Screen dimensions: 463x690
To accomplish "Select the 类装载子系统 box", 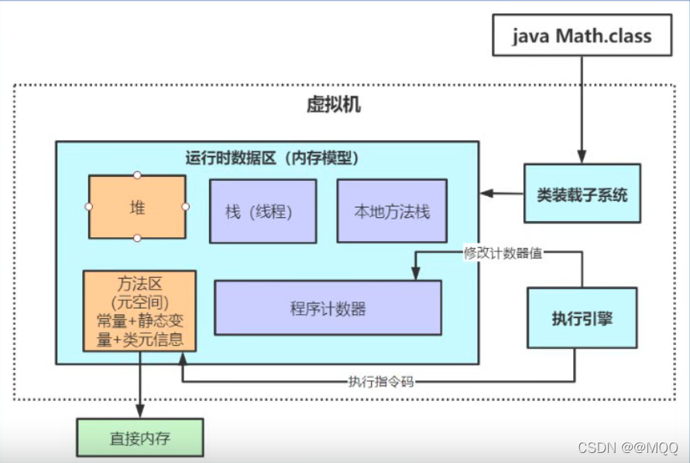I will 582,194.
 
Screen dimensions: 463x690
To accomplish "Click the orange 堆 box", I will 137,207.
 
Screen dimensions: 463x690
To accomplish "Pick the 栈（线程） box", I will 263,211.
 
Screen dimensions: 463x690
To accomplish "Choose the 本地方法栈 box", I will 391,211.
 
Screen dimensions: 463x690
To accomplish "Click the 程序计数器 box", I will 328,308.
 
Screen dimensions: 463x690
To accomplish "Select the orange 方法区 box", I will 139,310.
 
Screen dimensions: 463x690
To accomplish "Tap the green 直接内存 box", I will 139,437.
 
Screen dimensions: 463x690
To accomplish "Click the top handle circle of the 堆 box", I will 137,174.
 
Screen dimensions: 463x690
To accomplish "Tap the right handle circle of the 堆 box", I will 186,207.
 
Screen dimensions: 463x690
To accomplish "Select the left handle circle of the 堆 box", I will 88,207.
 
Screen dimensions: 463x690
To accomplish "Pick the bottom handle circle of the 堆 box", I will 137,238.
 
